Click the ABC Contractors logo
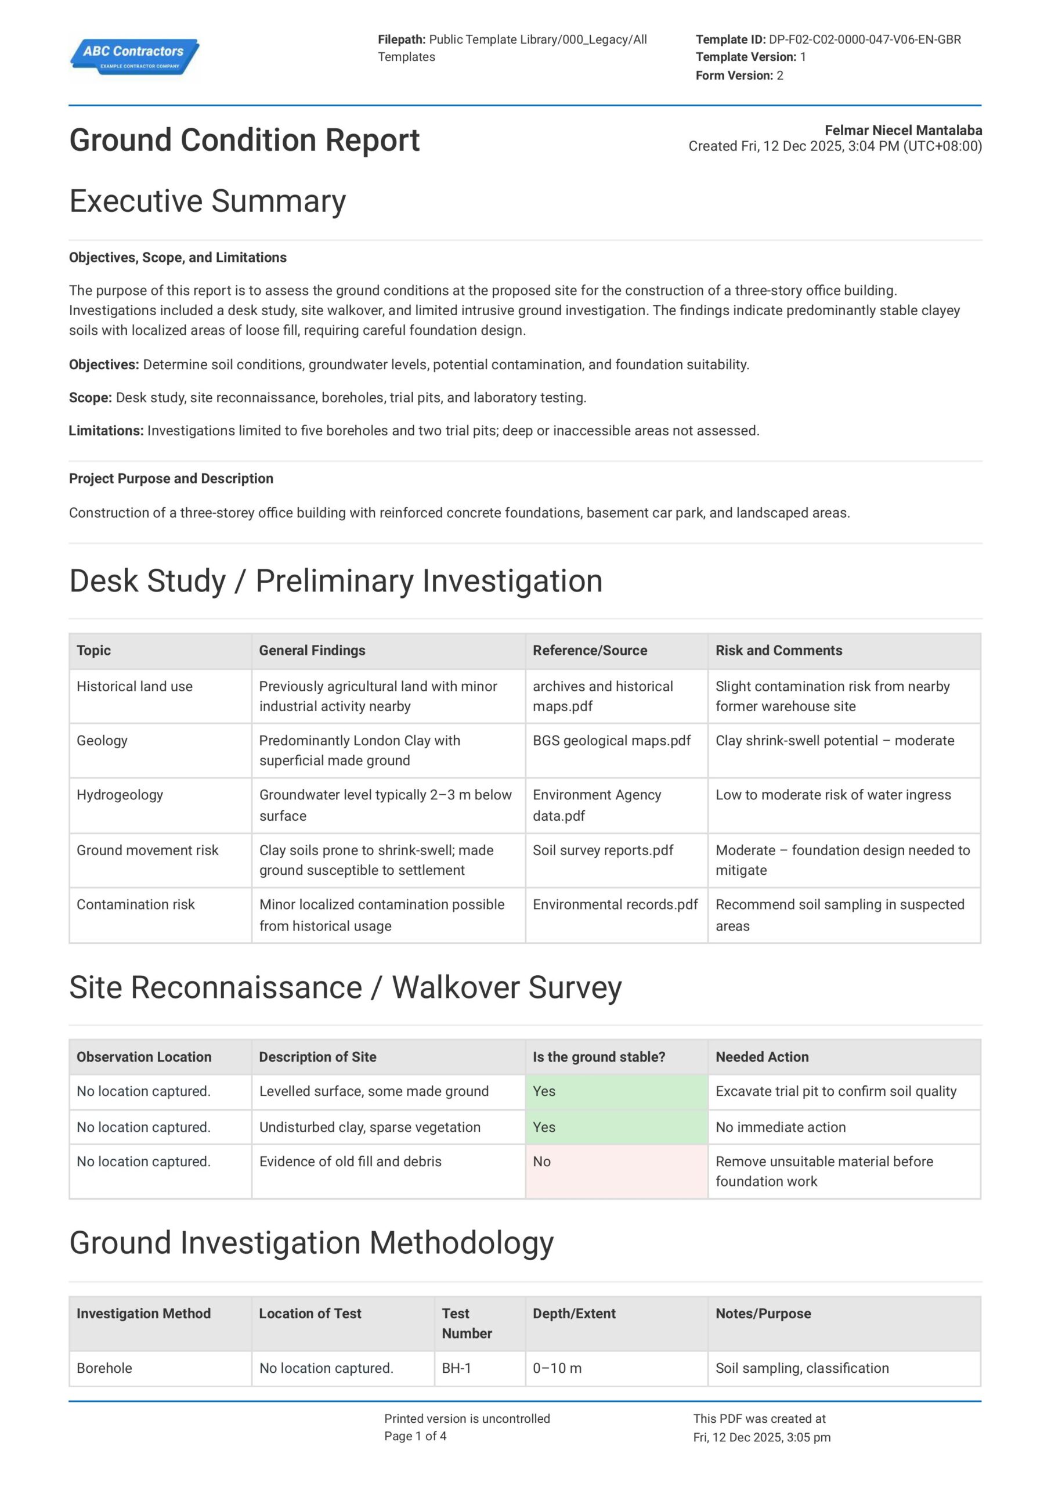point(134,56)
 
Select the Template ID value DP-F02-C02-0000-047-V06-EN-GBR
point(864,39)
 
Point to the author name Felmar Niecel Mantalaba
point(903,130)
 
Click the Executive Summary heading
point(207,201)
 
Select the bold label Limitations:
point(106,431)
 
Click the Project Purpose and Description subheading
point(171,479)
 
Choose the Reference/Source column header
point(590,651)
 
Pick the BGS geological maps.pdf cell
point(612,741)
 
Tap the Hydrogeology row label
point(120,795)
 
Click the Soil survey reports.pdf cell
point(602,850)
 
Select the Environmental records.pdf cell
point(615,905)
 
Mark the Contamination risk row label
point(135,905)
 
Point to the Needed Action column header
point(762,1057)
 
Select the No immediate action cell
point(781,1127)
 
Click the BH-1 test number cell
point(456,1368)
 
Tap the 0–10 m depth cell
point(557,1368)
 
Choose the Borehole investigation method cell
point(104,1368)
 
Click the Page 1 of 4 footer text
point(415,1436)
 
